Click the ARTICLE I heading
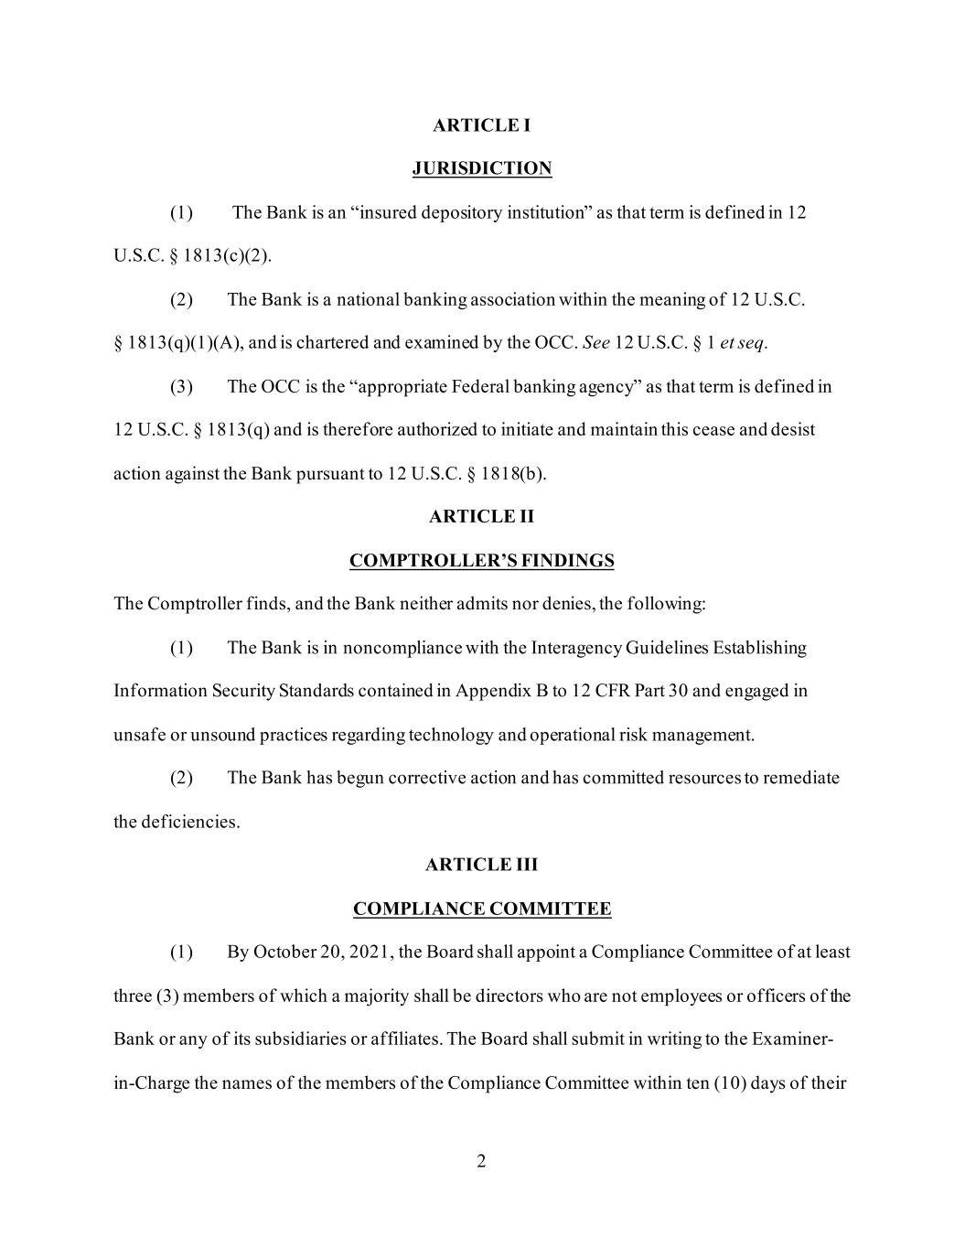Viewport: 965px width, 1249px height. (x=481, y=125)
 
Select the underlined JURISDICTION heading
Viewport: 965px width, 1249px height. (x=481, y=168)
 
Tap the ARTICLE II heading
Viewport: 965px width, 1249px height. (x=481, y=517)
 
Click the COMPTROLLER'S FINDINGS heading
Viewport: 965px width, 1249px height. (x=481, y=561)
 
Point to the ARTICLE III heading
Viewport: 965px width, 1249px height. (x=481, y=865)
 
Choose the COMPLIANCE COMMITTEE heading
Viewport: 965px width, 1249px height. (x=481, y=909)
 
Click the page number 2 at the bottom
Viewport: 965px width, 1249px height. (x=481, y=1161)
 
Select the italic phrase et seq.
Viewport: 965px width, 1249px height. (x=743, y=343)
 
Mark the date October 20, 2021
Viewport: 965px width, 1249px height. (x=323, y=953)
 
